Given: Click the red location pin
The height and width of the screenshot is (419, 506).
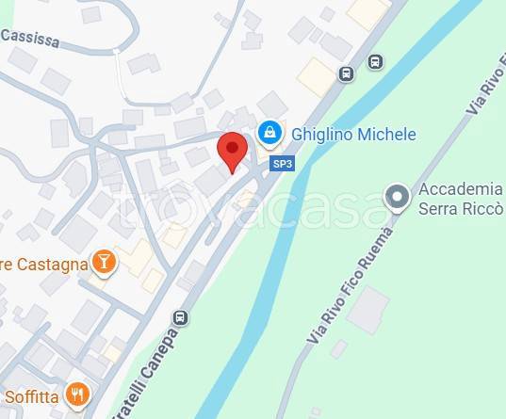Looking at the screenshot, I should (232, 151).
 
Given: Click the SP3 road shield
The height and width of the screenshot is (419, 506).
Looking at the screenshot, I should (282, 163).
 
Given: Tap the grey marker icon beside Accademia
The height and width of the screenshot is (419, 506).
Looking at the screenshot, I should (399, 198).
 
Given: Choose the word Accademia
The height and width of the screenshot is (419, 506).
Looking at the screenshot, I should (462, 188).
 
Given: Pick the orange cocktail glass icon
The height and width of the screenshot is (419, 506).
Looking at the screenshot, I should (104, 262).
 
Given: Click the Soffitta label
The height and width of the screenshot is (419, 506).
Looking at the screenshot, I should (30, 396).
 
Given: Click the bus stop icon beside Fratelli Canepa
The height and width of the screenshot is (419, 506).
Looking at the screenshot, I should (180, 317).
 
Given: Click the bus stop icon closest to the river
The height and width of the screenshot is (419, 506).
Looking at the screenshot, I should (375, 62).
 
